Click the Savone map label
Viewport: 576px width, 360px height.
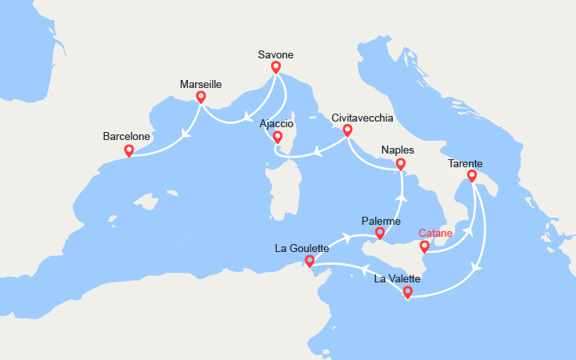coord(276,54)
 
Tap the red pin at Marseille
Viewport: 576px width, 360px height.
coord(201,97)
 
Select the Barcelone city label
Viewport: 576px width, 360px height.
coord(128,137)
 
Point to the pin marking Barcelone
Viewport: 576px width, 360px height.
coord(129,150)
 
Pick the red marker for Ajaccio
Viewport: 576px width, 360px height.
coord(278,137)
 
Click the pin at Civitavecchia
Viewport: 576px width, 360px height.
coord(347,130)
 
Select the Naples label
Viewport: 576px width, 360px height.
coord(399,150)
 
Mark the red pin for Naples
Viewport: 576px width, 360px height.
coord(402,164)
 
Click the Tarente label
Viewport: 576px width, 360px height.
coord(465,163)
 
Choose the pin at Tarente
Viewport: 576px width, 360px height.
coord(472,176)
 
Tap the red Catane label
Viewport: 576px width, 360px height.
coord(436,234)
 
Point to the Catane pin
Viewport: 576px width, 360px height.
coord(425,246)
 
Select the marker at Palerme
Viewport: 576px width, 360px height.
coord(380,234)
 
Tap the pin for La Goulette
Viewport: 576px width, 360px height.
coord(310,261)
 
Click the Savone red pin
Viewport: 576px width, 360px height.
coord(276,67)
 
